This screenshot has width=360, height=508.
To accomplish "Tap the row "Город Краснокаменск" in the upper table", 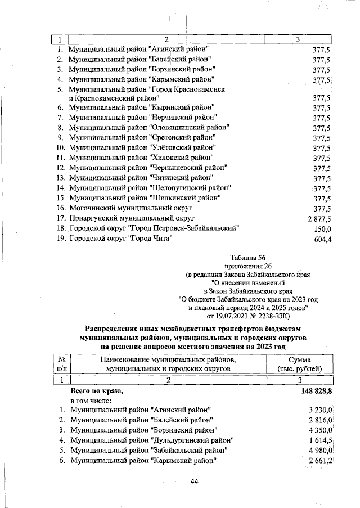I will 147,89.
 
